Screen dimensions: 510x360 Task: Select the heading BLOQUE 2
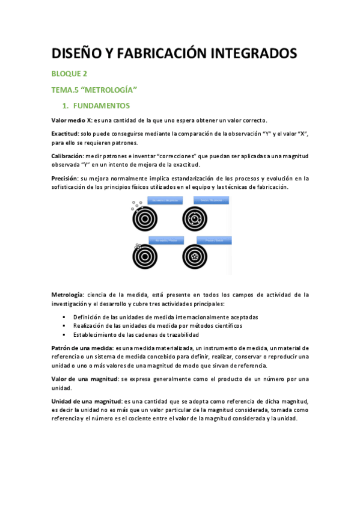69,74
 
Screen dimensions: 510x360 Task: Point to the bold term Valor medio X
72,120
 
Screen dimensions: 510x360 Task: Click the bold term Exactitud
65,132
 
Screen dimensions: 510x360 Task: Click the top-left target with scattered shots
145,218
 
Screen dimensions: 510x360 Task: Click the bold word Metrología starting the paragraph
68,295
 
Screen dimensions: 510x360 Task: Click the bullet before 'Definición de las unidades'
64,316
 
